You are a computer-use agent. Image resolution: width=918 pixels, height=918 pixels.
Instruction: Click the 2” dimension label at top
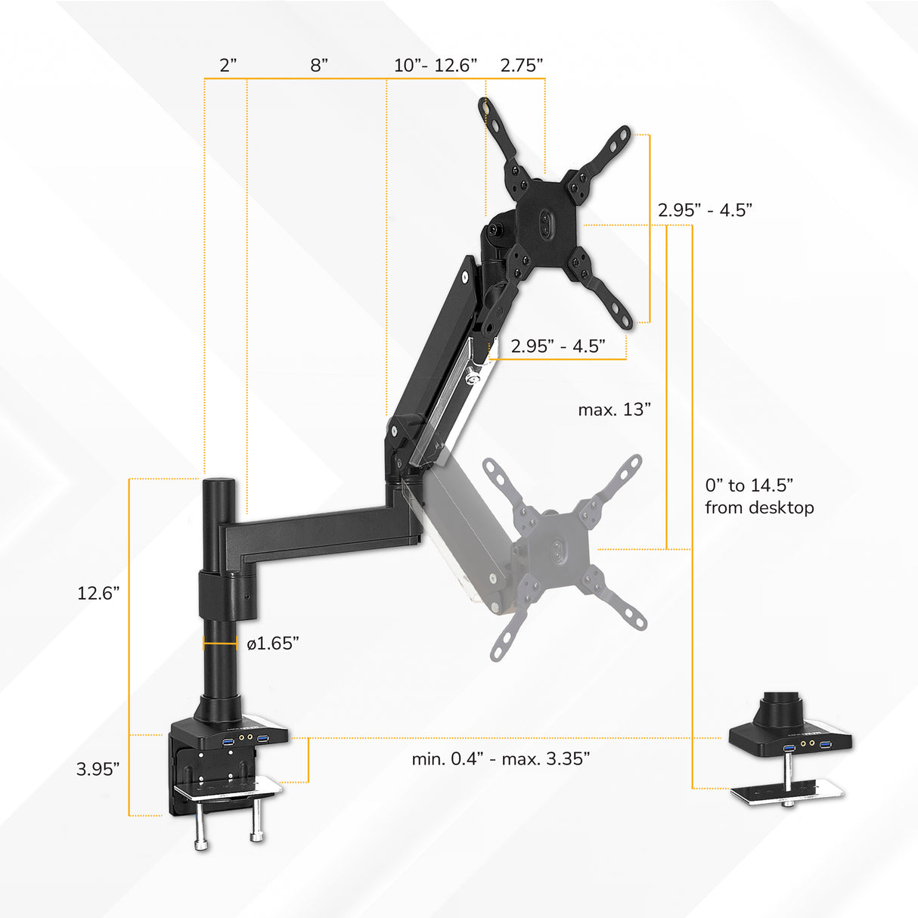(228, 66)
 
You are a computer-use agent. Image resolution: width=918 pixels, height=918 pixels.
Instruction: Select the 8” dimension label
(319, 66)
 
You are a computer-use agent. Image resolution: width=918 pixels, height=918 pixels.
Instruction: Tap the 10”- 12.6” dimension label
(436, 66)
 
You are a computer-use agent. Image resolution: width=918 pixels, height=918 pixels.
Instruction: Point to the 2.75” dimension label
(522, 66)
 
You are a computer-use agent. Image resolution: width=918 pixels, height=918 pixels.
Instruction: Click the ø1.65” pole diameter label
(273, 644)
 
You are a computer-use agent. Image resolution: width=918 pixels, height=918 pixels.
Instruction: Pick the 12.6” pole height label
(99, 593)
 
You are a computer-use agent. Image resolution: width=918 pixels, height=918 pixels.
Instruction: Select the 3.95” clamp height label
(98, 769)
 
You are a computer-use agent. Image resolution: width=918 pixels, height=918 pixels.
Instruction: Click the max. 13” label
(615, 410)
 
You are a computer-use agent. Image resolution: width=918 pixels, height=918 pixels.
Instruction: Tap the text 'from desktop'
(759, 507)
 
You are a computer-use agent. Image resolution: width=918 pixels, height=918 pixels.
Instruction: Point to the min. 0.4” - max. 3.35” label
(501, 758)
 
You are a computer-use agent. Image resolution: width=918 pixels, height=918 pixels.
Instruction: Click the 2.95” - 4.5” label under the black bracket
(558, 346)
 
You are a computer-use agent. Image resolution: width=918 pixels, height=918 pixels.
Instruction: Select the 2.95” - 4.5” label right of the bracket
(705, 210)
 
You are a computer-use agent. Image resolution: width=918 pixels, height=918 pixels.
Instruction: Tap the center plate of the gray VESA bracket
(557, 550)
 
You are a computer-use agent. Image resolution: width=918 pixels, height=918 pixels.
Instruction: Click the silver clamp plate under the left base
(227, 791)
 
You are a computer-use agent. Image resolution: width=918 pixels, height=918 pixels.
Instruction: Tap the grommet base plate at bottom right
(786, 791)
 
